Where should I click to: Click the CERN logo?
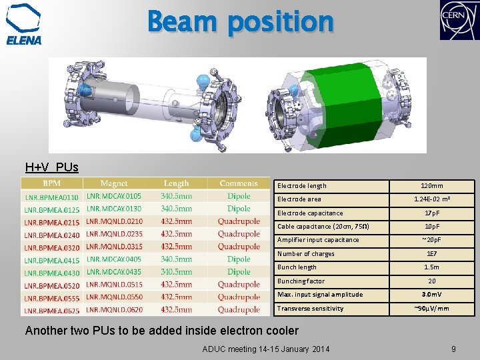tap(459, 21)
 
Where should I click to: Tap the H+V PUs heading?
tap(51, 167)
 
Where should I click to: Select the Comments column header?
tap(238, 183)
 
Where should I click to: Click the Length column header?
tap(176, 183)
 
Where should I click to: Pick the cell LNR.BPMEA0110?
tap(51, 197)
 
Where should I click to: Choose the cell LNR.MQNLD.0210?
tap(114, 221)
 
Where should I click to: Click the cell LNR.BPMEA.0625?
tap(52, 310)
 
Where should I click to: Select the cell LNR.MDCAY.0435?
tap(114, 272)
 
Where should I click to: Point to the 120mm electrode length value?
tap(431, 186)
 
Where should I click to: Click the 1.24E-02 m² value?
tap(431, 199)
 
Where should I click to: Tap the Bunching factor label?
tap(301, 281)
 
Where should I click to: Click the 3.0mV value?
tap(431, 295)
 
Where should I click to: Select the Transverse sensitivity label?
tap(310, 308)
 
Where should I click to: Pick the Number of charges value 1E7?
tap(431, 254)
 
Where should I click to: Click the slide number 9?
tap(453, 348)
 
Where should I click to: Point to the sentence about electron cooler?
tap(161, 331)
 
